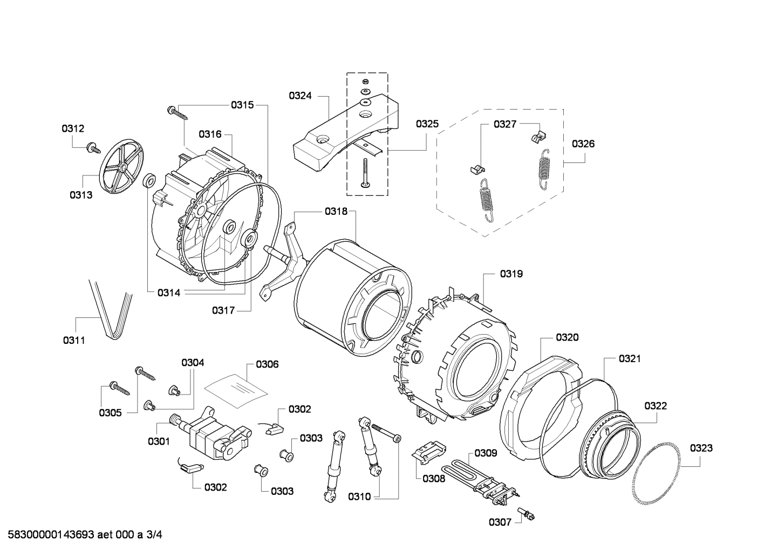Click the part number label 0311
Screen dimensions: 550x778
pyautogui.click(x=74, y=340)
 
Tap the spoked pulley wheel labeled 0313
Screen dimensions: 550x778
pyautogui.click(x=122, y=168)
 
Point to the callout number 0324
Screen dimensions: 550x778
pyautogui.click(x=300, y=96)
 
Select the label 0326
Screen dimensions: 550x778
pyautogui.click(x=583, y=144)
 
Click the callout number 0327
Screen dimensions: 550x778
pyautogui.click(x=505, y=124)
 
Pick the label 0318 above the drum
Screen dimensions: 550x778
pyautogui.click(x=336, y=212)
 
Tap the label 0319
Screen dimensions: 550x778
pyautogui.click(x=511, y=274)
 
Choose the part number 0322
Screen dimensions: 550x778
pyautogui.click(x=655, y=406)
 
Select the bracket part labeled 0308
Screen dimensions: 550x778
pyautogui.click(x=428, y=451)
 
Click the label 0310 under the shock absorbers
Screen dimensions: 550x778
pyautogui.click(x=359, y=497)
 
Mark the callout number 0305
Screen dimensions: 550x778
pyautogui.click(x=110, y=413)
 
